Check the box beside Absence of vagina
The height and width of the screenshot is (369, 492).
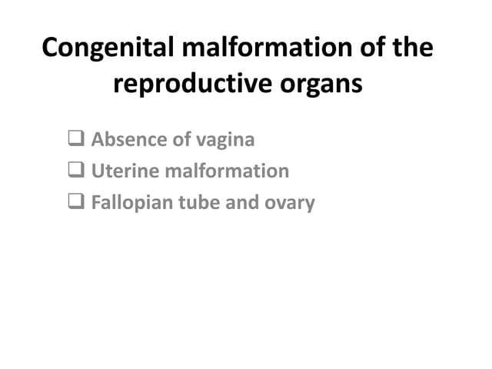75,140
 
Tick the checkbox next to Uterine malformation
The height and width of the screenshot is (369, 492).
75,171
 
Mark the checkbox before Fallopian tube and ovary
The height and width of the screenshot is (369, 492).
75,203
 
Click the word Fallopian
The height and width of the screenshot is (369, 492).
130,204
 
